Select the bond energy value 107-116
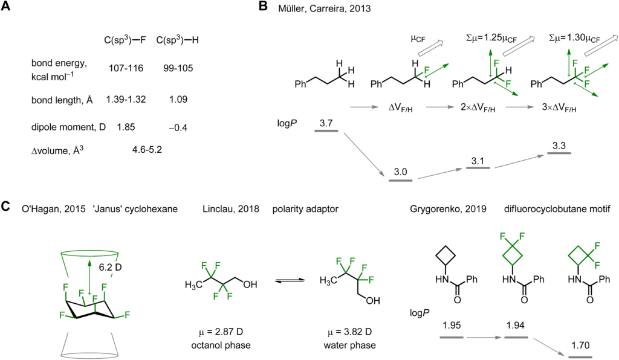[x=126, y=68]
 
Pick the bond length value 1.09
[x=178, y=100]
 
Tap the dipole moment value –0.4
[x=178, y=128]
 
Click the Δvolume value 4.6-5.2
[x=147, y=150]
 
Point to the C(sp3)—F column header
[x=125, y=40]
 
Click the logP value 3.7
[x=326, y=123]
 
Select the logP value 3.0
[x=400, y=172]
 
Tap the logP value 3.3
[x=559, y=146]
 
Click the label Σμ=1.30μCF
[x=574, y=38]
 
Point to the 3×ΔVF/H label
[x=559, y=108]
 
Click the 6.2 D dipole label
[x=110, y=267]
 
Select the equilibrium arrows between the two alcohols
[x=290, y=280]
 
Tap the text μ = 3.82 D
[x=349, y=332]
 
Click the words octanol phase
[x=221, y=346]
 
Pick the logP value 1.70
[x=580, y=346]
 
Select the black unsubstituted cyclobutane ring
[x=446, y=256]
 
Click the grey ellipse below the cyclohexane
[x=91, y=355]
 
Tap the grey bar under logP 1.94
[x=516, y=338]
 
